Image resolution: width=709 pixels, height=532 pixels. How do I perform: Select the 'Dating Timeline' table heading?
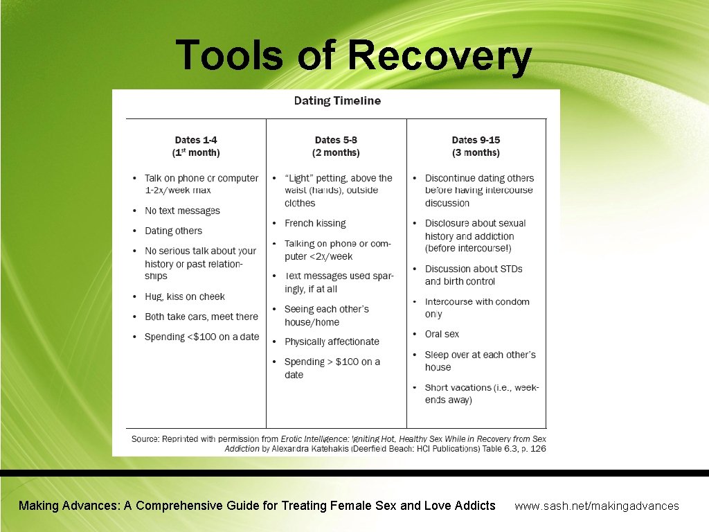point(337,101)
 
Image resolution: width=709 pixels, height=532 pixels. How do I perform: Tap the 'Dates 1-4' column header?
point(196,140)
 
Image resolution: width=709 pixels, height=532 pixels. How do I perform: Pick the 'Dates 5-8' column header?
point(336,140)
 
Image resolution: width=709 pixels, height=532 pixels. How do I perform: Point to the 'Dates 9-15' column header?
point(476,140)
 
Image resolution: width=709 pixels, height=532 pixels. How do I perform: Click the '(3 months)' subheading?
point(476,152)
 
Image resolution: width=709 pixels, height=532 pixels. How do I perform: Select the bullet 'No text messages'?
point(182,211)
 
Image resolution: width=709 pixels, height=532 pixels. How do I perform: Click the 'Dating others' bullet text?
point(173,231)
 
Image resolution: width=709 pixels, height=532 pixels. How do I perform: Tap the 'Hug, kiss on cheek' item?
point(184,296)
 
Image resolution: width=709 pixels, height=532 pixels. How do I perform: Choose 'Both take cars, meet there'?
point(201,317)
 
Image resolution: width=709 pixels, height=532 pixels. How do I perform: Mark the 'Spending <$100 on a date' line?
point(201,337)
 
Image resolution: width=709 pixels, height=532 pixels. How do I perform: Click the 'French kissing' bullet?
point(315,223)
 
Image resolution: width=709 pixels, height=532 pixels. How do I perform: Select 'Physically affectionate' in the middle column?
point(332,342)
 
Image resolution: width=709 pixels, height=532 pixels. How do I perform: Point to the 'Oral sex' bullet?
point(442,334)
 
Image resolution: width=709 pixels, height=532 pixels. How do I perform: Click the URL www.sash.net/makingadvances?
point(597,506)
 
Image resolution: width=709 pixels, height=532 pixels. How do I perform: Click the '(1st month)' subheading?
point(196,152)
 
